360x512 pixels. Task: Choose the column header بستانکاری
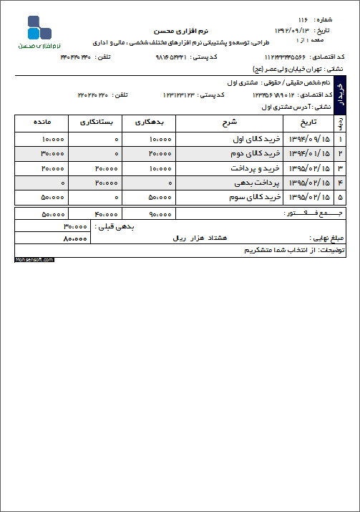click(x=95, y=123)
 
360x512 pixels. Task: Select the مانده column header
click(x=42, y=123)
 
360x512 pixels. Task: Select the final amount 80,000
click(x=74, y=237)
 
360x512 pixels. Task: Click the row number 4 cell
click(x=340, y=183)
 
